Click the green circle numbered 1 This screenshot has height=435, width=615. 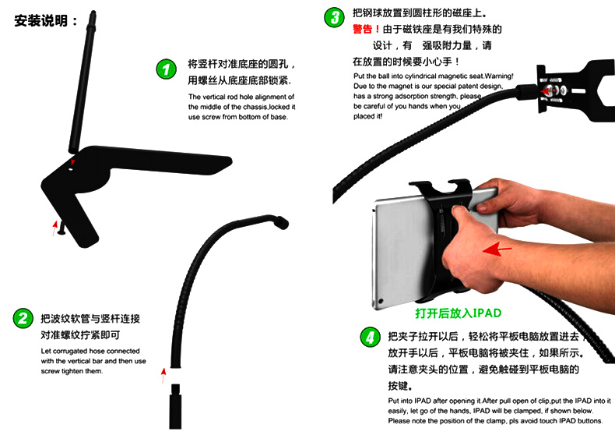[x=167, y=69]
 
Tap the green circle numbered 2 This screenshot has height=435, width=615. [x=23, y=318]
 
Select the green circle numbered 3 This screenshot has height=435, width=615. [x=334, y=17]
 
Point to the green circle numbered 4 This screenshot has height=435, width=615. [x=371, y=338]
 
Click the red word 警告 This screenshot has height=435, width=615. [x=363, y=29]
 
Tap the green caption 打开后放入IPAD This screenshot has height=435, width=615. [x=459, y=313]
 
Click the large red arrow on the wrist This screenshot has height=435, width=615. [x=497, y=249]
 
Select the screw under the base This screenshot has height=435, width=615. [x=62, y=228]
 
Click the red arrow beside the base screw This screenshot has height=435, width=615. [x=54, y=228]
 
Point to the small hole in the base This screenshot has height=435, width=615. [x=71, y=170]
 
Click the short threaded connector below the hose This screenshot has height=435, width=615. [x=175, y=407]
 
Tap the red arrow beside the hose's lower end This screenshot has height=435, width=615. [x=163, y=375]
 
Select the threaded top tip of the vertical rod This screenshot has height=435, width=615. [x=93, y=17]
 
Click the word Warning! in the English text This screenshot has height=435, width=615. [x=499, y=76]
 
